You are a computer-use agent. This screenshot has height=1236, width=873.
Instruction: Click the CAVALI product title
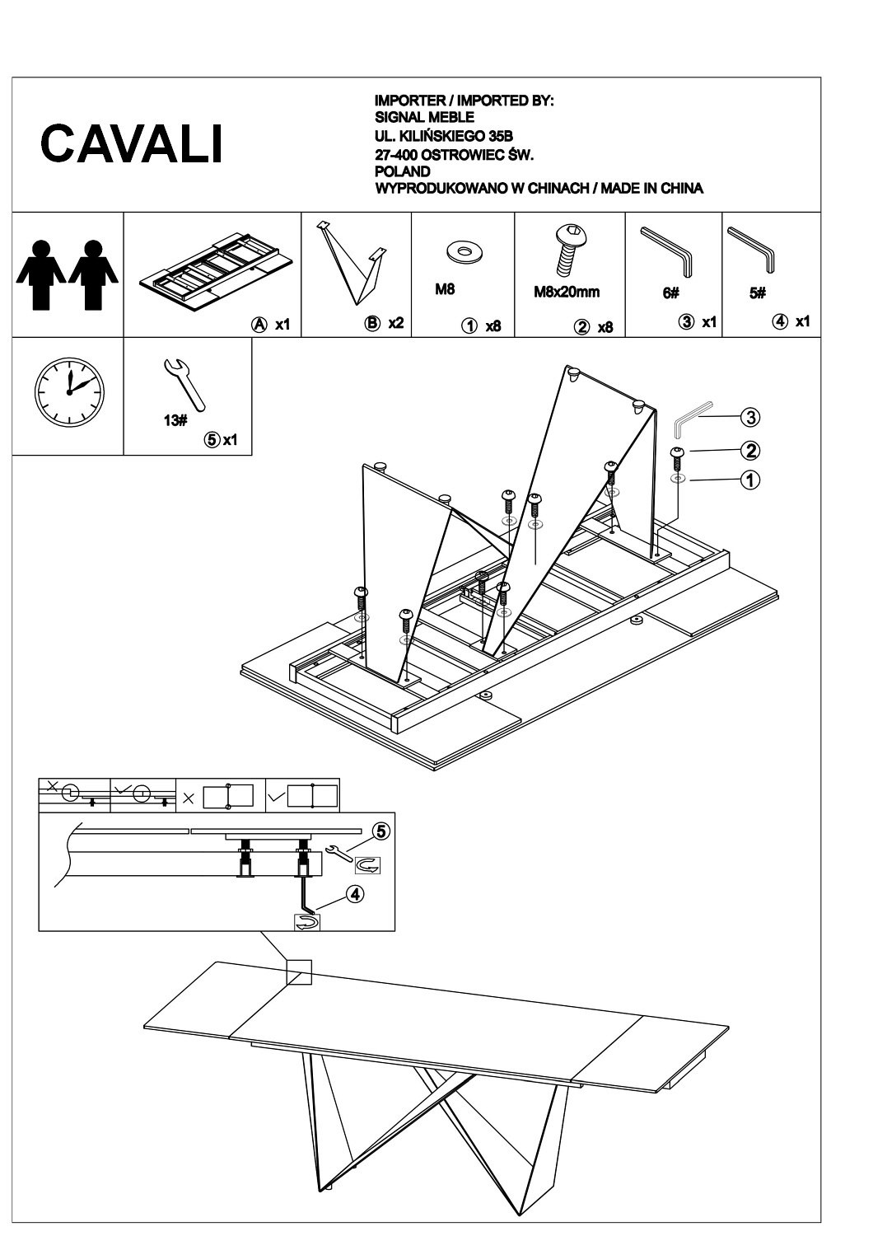tap(132, 144)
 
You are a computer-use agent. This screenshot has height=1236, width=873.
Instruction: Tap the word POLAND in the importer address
tap(402, 171)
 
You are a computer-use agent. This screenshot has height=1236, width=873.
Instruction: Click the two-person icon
tap(68, 274)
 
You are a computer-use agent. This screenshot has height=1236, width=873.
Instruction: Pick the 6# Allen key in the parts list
tap(668, 250)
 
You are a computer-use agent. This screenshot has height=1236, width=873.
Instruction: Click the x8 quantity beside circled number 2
tap(605, 327)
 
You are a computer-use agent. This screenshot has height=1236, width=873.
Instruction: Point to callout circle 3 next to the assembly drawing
tap(749, 418)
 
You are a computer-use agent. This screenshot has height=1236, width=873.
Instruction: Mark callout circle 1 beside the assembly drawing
tap(749, 480)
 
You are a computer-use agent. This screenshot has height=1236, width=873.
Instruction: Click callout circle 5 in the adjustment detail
tap(380, 831)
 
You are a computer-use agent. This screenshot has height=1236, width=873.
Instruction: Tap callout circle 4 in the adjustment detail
tap(355, 893)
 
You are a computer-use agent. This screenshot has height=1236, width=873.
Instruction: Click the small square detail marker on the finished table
tap(299, 972)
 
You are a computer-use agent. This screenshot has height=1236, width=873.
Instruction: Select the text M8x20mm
tap(567, 292)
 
